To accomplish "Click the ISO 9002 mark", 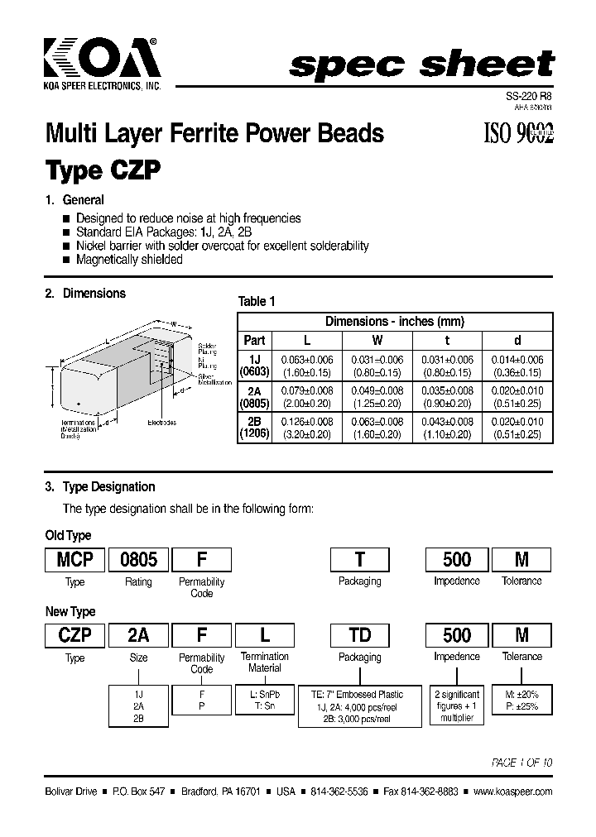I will tap(517, 133).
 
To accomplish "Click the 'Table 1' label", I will tap(257, 302).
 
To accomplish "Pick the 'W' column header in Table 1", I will tap(377, 340).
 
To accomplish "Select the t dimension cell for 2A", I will tap(448, 397).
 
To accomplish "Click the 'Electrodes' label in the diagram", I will tap(161, 423).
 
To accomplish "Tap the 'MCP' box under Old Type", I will tap(74, 560).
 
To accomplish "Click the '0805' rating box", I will tap(138, 560).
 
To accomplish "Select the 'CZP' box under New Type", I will tap(74, 635).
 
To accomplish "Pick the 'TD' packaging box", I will tap(359, 635).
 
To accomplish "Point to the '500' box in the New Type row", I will tap(456, 635).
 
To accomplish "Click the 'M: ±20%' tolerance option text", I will tap(521, 695).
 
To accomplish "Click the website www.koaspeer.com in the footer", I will tap(512, 792).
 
